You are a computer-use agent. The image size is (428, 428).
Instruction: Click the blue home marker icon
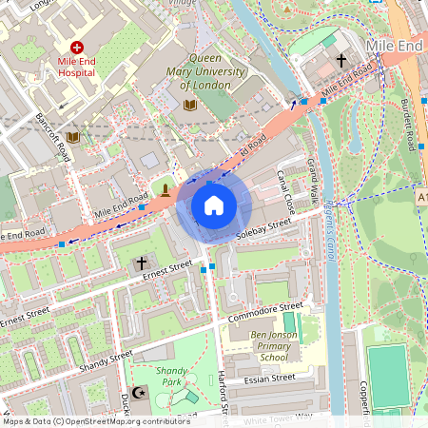(214, 205)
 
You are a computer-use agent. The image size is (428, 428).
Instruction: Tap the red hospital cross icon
(76, 47)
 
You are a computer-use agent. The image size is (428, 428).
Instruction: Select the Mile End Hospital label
(76, 65)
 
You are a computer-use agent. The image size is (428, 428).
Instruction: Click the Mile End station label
(392, 47)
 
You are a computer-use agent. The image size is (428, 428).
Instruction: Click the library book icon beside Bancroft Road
(73, 136)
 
